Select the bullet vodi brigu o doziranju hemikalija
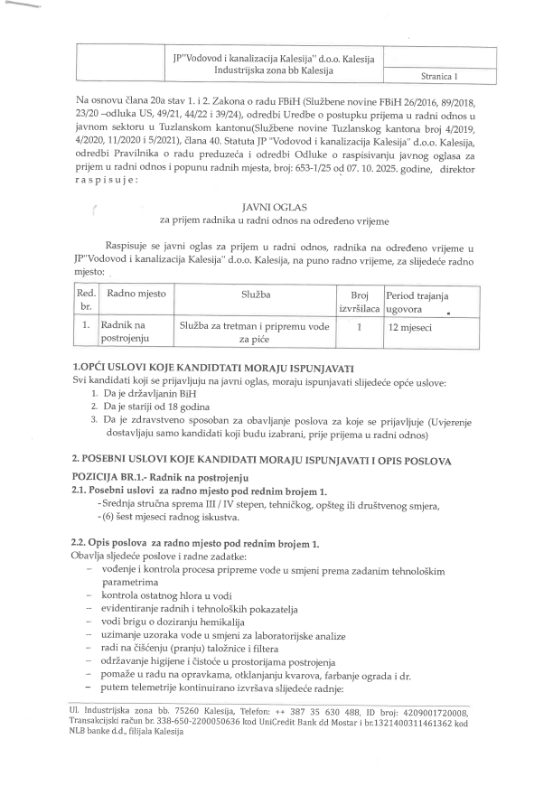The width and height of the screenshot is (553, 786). pyautogui.click(x=180, y=625)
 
